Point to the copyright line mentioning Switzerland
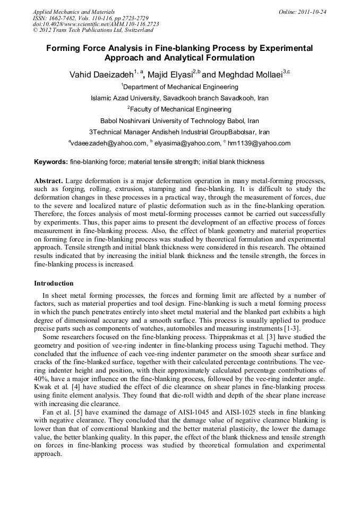pos(93,30)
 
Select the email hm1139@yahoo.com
pos(259,143)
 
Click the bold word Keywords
pos(50,161)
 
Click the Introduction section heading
pos(54,283)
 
